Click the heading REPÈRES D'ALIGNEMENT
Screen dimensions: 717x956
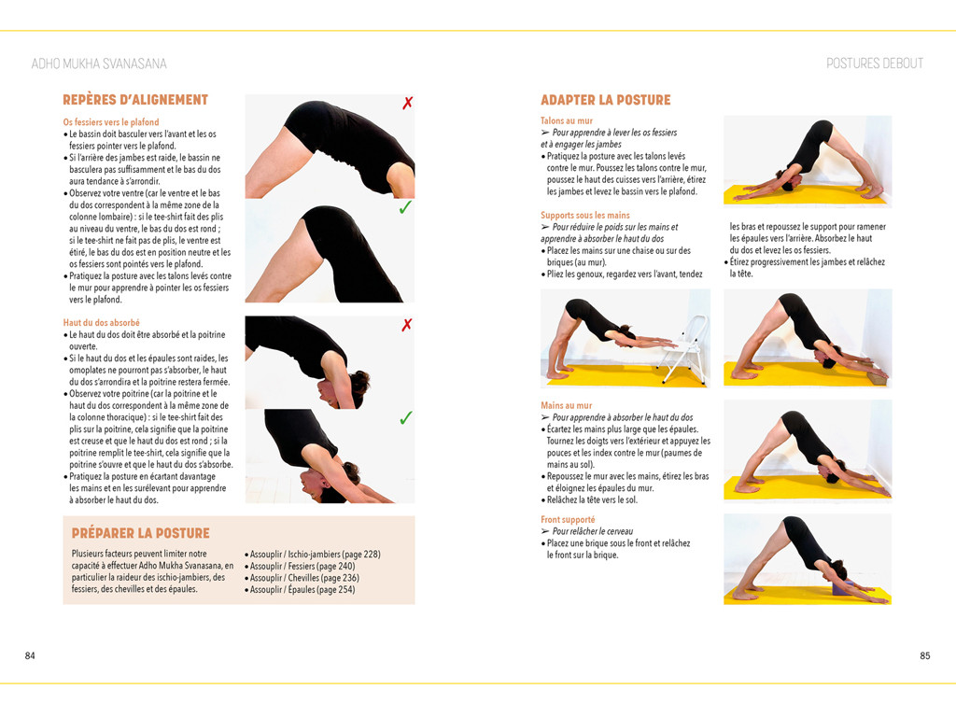134,100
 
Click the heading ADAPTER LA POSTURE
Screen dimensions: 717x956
605,100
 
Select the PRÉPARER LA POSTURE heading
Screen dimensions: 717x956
140,533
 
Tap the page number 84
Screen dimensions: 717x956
30,655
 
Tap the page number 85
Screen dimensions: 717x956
924,655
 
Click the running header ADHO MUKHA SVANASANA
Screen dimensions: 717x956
99,63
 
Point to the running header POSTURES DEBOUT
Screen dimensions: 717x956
874,63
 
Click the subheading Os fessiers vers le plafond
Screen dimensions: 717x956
111,122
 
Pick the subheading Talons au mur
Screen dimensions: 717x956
566,121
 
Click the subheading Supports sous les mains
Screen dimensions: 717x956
585,216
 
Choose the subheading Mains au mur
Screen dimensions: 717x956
566,406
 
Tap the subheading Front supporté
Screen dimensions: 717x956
568,519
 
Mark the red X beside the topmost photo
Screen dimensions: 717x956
407,103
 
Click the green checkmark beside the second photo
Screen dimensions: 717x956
405,208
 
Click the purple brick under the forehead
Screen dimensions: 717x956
841,585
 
